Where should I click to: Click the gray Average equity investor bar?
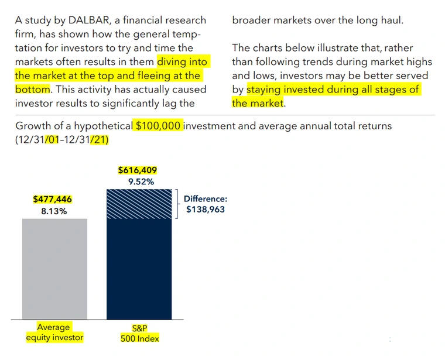point(54,269)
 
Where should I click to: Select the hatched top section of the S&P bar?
point(139,204)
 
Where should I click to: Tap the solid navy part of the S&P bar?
point(139,269)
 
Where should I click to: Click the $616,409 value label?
point(138,170)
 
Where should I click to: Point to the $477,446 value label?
point(53,199)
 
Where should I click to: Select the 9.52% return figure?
point(141,182)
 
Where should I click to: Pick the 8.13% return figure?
point(54,211)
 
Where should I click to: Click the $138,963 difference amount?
point(206,210)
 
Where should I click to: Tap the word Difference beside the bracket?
point(205,199)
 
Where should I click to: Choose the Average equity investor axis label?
point(54,332)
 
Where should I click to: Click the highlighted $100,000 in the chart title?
point(159,126)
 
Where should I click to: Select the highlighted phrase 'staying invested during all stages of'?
point(333,90)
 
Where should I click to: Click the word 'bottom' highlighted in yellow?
point(33,90)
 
